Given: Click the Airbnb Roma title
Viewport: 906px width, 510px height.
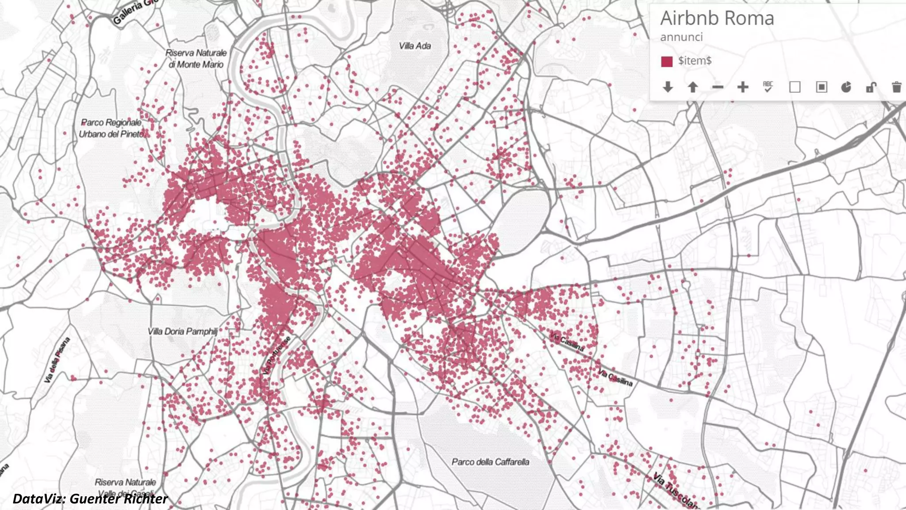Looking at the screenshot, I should click(717, 19).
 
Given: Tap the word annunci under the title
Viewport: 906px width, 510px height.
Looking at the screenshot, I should click(681, 37).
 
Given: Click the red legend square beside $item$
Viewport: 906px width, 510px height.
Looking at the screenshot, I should click(667, 62).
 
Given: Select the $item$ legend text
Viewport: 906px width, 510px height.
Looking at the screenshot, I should click(695, 61).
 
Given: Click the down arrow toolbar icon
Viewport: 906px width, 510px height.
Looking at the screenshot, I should click(668, 87).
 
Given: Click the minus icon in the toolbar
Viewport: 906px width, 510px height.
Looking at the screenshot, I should click(718, 87).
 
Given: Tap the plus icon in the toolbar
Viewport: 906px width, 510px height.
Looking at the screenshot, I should click(743, 87).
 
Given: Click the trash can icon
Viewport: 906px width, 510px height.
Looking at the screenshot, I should click(896, 87).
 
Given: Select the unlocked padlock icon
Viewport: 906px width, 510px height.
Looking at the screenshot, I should click(871, 87).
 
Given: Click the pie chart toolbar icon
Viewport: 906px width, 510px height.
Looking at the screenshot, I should click(846, 87).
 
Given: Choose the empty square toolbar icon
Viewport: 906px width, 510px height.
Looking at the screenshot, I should click(795, 87).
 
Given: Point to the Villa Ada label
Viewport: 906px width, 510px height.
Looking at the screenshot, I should click(415, 46).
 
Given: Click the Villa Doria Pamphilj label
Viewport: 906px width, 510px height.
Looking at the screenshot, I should click(183, 331).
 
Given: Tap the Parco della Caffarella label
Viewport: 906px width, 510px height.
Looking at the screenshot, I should click(490, 462).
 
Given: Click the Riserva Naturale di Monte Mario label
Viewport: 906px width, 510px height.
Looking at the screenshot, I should click(196, 58).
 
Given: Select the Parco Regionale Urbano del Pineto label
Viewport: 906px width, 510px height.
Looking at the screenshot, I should click(111, 128).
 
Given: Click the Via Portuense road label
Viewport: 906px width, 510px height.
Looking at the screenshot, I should click(276, 355).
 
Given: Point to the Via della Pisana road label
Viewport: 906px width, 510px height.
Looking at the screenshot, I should click(57, 360).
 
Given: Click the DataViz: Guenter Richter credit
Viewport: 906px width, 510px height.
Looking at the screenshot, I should click(90, 499).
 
